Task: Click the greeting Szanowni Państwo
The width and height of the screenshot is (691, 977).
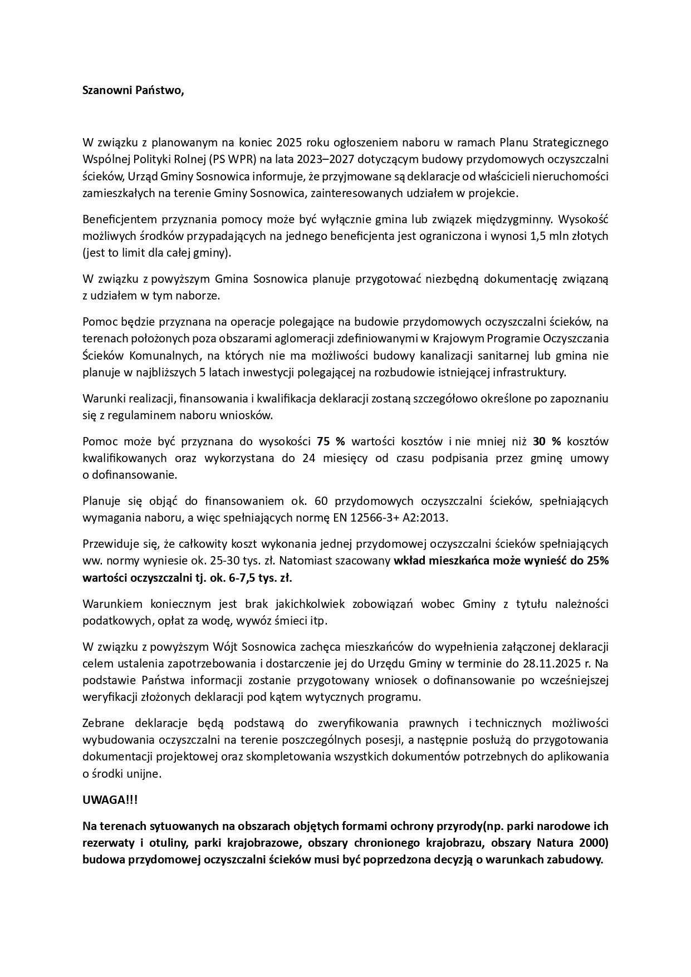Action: point(133,91)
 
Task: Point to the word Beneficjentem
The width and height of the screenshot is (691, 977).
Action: point(119,219)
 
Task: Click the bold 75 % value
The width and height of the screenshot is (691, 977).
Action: point(331,442)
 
